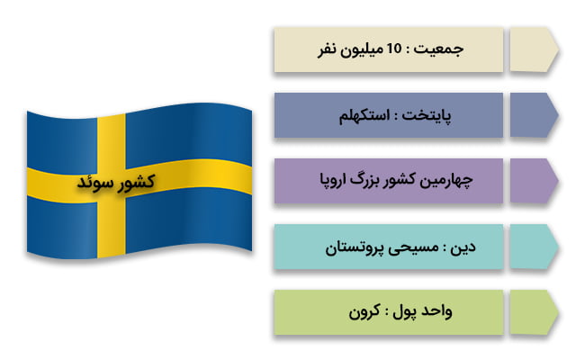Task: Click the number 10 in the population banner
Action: pyautogui.click(x=392, y=50)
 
